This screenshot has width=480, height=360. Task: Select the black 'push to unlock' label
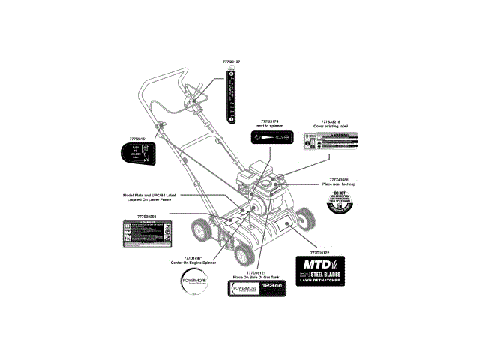click(x=137, y=155)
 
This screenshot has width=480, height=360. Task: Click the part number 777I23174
click(x=269, y=121)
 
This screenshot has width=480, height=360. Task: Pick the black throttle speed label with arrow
click(x=270, y=138)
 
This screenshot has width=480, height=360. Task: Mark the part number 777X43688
click(x=339, y=179)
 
